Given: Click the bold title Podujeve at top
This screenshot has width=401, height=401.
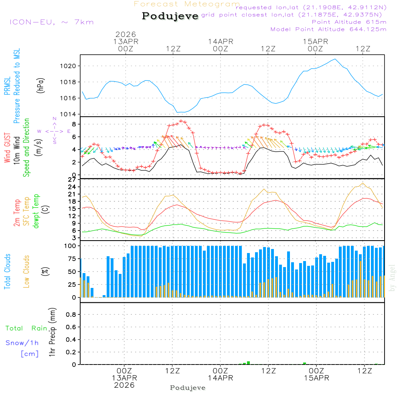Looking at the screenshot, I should [x=170, y=16].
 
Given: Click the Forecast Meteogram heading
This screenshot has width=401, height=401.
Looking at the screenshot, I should [x=187, y=4].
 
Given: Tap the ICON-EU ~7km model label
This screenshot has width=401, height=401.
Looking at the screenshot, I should [x=51, y=22].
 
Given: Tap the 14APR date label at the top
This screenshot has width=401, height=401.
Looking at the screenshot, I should [x=220, y=41].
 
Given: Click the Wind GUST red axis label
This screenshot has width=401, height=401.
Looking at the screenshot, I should [x=7, y=148].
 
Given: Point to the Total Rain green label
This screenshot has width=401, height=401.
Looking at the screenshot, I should [x=26, y=328].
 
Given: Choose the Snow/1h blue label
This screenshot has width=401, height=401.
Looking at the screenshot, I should [x=22, y=343].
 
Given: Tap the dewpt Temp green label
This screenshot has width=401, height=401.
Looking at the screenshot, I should [x=36, y=211].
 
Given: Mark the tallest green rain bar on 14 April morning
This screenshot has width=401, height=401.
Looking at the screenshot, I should [x=249, y=363].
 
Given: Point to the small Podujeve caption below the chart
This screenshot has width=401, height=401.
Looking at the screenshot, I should [x=188, y=388].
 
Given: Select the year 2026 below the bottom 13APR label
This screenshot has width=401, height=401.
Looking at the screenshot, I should [x=124, y=385].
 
